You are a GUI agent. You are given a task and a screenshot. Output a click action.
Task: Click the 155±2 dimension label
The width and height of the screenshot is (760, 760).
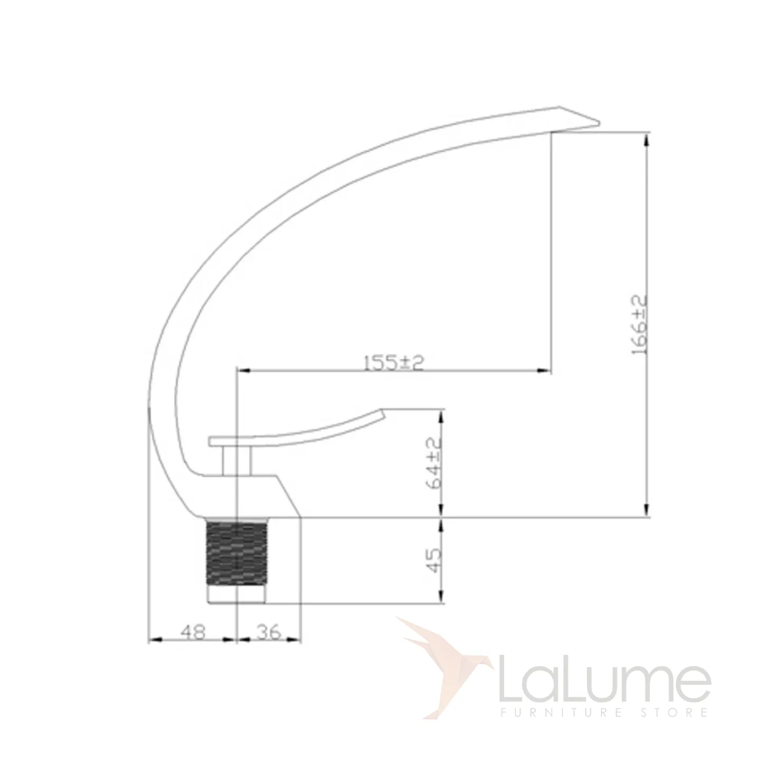pyautogui.click(x=393, y=363)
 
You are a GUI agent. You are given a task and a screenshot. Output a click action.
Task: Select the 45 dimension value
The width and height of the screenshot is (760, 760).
pyautogui.click(x=434, y=560)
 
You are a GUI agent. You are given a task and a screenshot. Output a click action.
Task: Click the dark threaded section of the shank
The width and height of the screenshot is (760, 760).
pyautogui.click(x=236, y=556)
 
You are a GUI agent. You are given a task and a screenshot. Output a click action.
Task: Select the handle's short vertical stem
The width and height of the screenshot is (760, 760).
pyautogui.click(x=236, y=462)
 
